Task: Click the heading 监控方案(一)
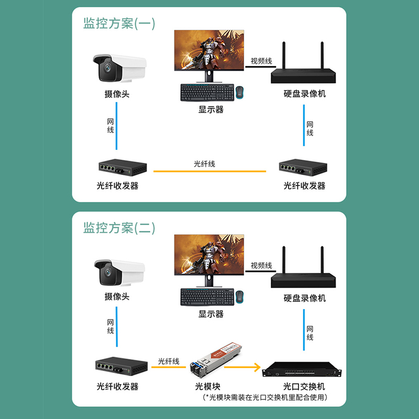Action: click(x=119, y=24)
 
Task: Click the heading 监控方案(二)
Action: click(x=119, y=228)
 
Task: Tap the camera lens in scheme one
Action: click(x=108, y=68)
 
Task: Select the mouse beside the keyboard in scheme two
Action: click(x=240, y=297)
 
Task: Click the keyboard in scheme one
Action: click(x=207, y=93)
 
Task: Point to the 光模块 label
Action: click(x=207, y=387)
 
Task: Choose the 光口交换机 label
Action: click(x=304, y=387)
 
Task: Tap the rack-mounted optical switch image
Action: click(x=302, y=370)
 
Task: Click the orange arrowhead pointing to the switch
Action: click(x=257, y=367)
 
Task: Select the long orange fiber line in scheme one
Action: click(x=210, y=171)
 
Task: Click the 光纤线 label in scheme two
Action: click(x=169, y=361)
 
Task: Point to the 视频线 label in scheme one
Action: click(x=261, y=61)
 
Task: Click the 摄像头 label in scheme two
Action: click(x=117, y=296)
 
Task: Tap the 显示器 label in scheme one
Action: click(x=211, y=109)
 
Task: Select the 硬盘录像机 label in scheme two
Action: click(x=305, y=298)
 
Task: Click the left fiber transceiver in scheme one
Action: click(x=123, y=168)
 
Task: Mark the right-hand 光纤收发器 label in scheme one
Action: click(x=304, y=186)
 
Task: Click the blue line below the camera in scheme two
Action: click(x=116, y=327)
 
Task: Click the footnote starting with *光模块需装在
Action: click(x=265, y=398)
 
